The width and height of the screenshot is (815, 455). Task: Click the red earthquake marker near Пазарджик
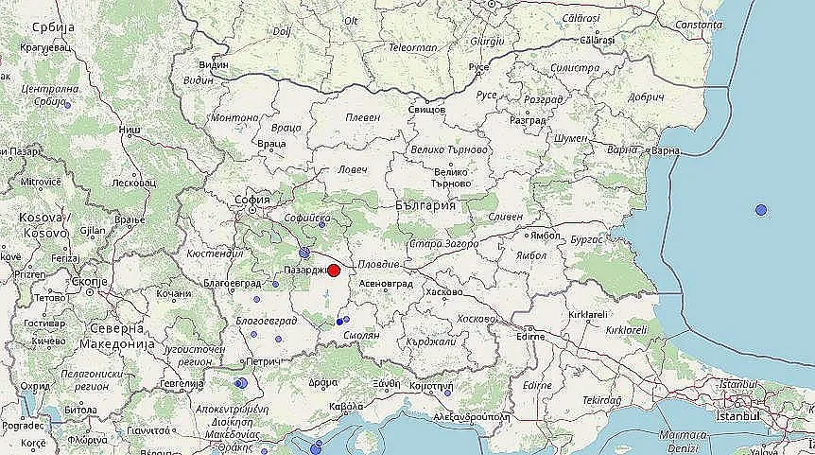(x=334, y=270)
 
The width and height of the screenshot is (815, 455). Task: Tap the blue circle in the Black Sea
(x=761, y=209)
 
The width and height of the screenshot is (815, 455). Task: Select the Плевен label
(x=363, y=117)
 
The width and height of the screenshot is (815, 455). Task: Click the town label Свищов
(x=425, y=110)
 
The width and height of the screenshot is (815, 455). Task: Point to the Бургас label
(x=587, y=239)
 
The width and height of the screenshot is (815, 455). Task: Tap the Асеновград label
(x=386, y=283)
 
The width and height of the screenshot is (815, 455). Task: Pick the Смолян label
(x=362, y=335)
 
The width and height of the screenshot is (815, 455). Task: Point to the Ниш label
(x=129, y=129)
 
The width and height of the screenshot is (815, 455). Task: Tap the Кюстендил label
(x=215, y=254)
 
